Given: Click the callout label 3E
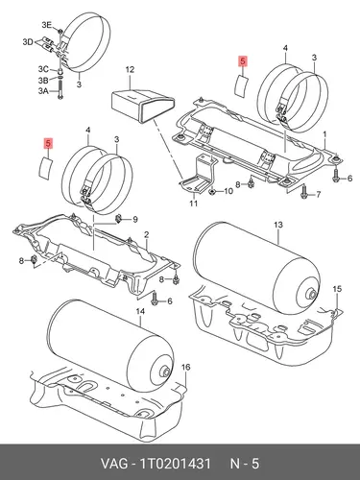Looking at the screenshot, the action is (46, 25).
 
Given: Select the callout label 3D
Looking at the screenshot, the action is (28, 42).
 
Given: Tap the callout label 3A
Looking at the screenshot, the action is (43, 91).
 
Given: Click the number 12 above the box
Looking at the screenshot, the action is (130, 69).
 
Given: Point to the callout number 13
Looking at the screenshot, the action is (278, 225).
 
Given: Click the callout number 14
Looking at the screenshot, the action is (140, 311).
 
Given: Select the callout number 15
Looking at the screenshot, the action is (337, 289).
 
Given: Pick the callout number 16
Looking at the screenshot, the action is (186, 367).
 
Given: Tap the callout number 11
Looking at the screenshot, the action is (194, 203).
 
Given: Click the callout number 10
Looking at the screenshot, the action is (228, 191).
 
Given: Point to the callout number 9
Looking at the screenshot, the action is (135, 219).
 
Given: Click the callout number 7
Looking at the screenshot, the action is (318, 194).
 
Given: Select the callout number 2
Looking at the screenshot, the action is (146, 234).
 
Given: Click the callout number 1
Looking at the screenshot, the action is (324, 134).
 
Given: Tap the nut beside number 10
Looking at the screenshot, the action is (211, 192).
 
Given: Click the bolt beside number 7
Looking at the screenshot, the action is (303, 192).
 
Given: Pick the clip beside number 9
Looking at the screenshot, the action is (118, 219).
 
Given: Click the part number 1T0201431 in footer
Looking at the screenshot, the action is (175, 464).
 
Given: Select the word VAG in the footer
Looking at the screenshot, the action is (113, 464).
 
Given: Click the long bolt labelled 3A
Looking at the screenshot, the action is (60, 88).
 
